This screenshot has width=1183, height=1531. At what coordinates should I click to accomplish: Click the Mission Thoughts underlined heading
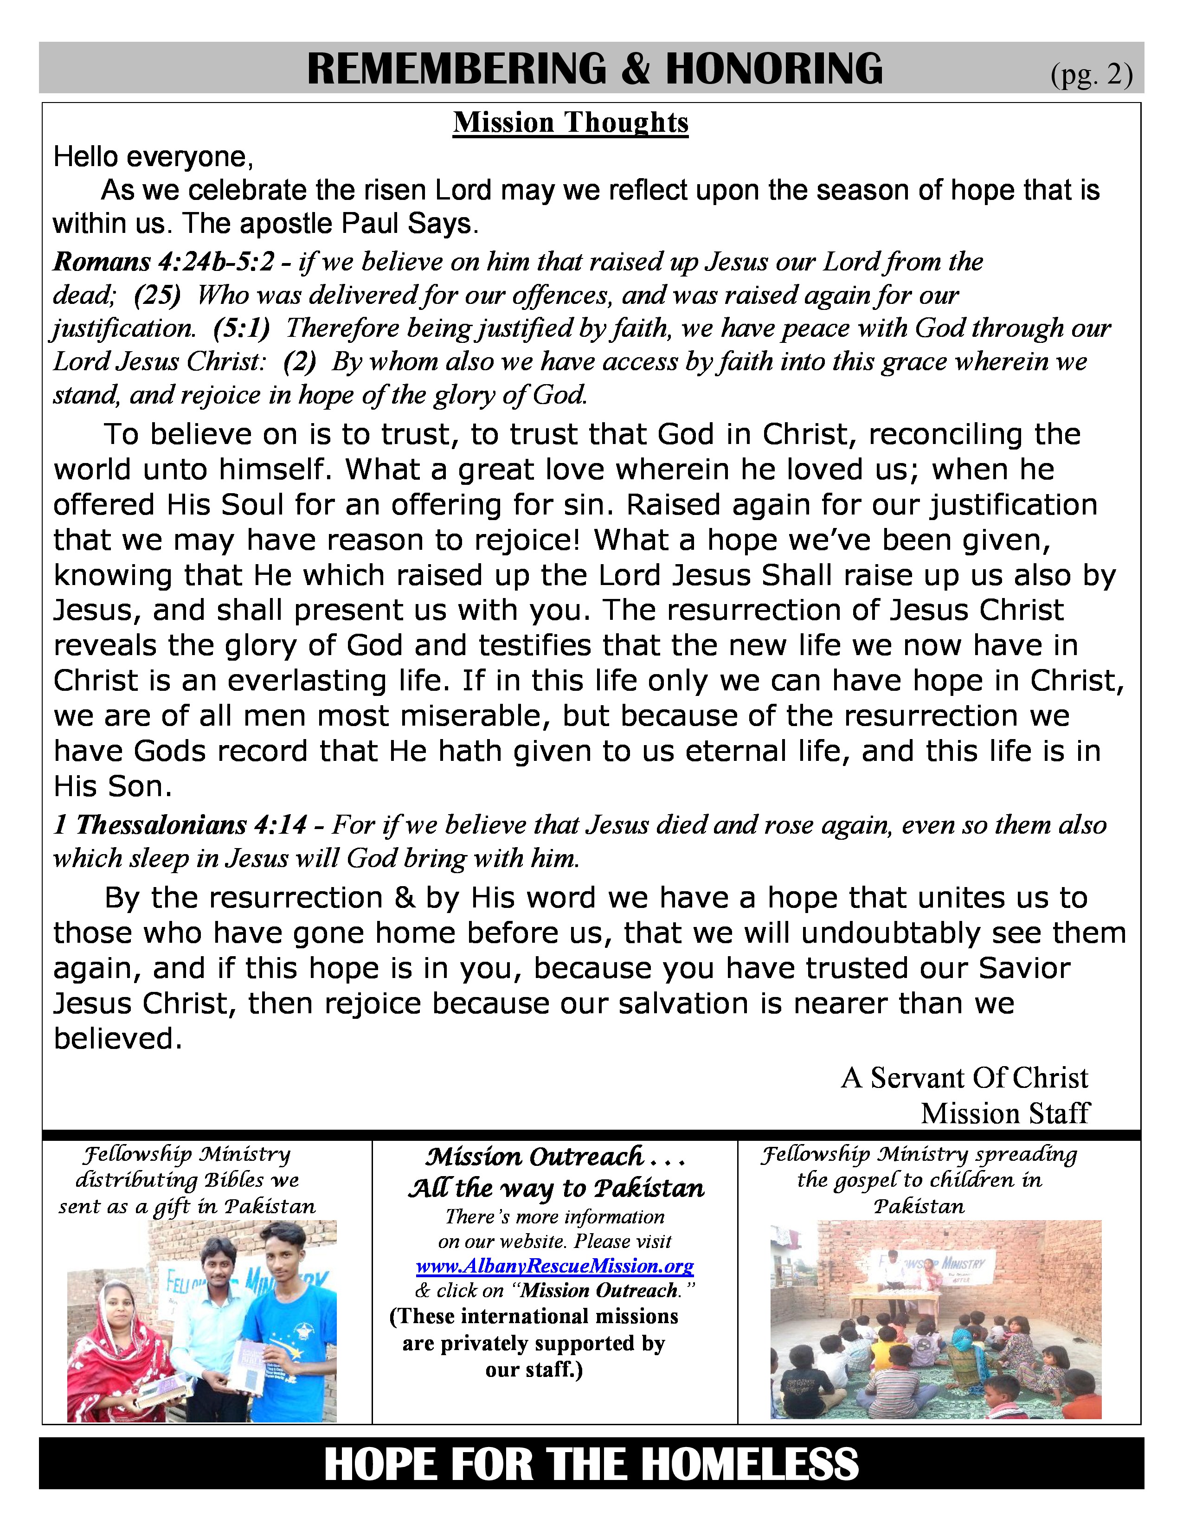pyautogui.click(x=571, y=122)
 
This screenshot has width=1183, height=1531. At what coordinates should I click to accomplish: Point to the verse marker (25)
pyautogui.click(x=157, y=295)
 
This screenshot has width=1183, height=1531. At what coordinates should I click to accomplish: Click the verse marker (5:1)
pyautogui.click(x=242, y=328)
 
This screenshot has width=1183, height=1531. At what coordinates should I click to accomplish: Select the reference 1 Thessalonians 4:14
pyautogui.click(x=180, y=825)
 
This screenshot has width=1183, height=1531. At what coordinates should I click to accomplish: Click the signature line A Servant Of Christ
pyautogui.click(x=964, y=1078)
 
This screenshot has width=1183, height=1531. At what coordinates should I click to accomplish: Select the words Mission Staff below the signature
pyautogui.click(x=1005, y=1113)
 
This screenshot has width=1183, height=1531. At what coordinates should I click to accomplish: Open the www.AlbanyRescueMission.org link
pyautogui.click(x=554, y=1266)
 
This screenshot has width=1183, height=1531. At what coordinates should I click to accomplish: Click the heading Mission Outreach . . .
pyautogui.click(x=535, y=1157)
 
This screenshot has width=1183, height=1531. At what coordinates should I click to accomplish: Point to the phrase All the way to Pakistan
pyautogui.click(x=556, y=1188)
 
